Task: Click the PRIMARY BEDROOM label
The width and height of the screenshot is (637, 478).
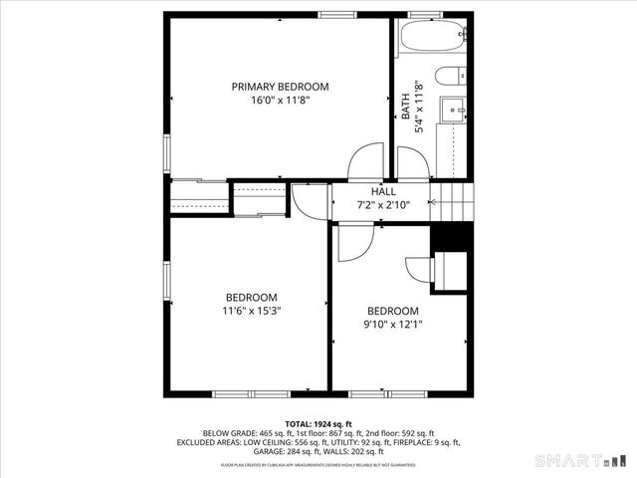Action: (280, 87)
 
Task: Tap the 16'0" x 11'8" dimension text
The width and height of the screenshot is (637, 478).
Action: (280, 100)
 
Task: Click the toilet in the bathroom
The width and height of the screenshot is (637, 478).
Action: (452, 75)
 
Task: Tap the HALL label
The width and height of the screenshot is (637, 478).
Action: (383, 191)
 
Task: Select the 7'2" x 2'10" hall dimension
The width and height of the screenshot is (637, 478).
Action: (383, 204)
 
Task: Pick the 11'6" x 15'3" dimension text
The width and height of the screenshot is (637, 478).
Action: (251, 311)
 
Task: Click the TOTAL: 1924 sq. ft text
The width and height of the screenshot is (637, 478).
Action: (318, 424)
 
